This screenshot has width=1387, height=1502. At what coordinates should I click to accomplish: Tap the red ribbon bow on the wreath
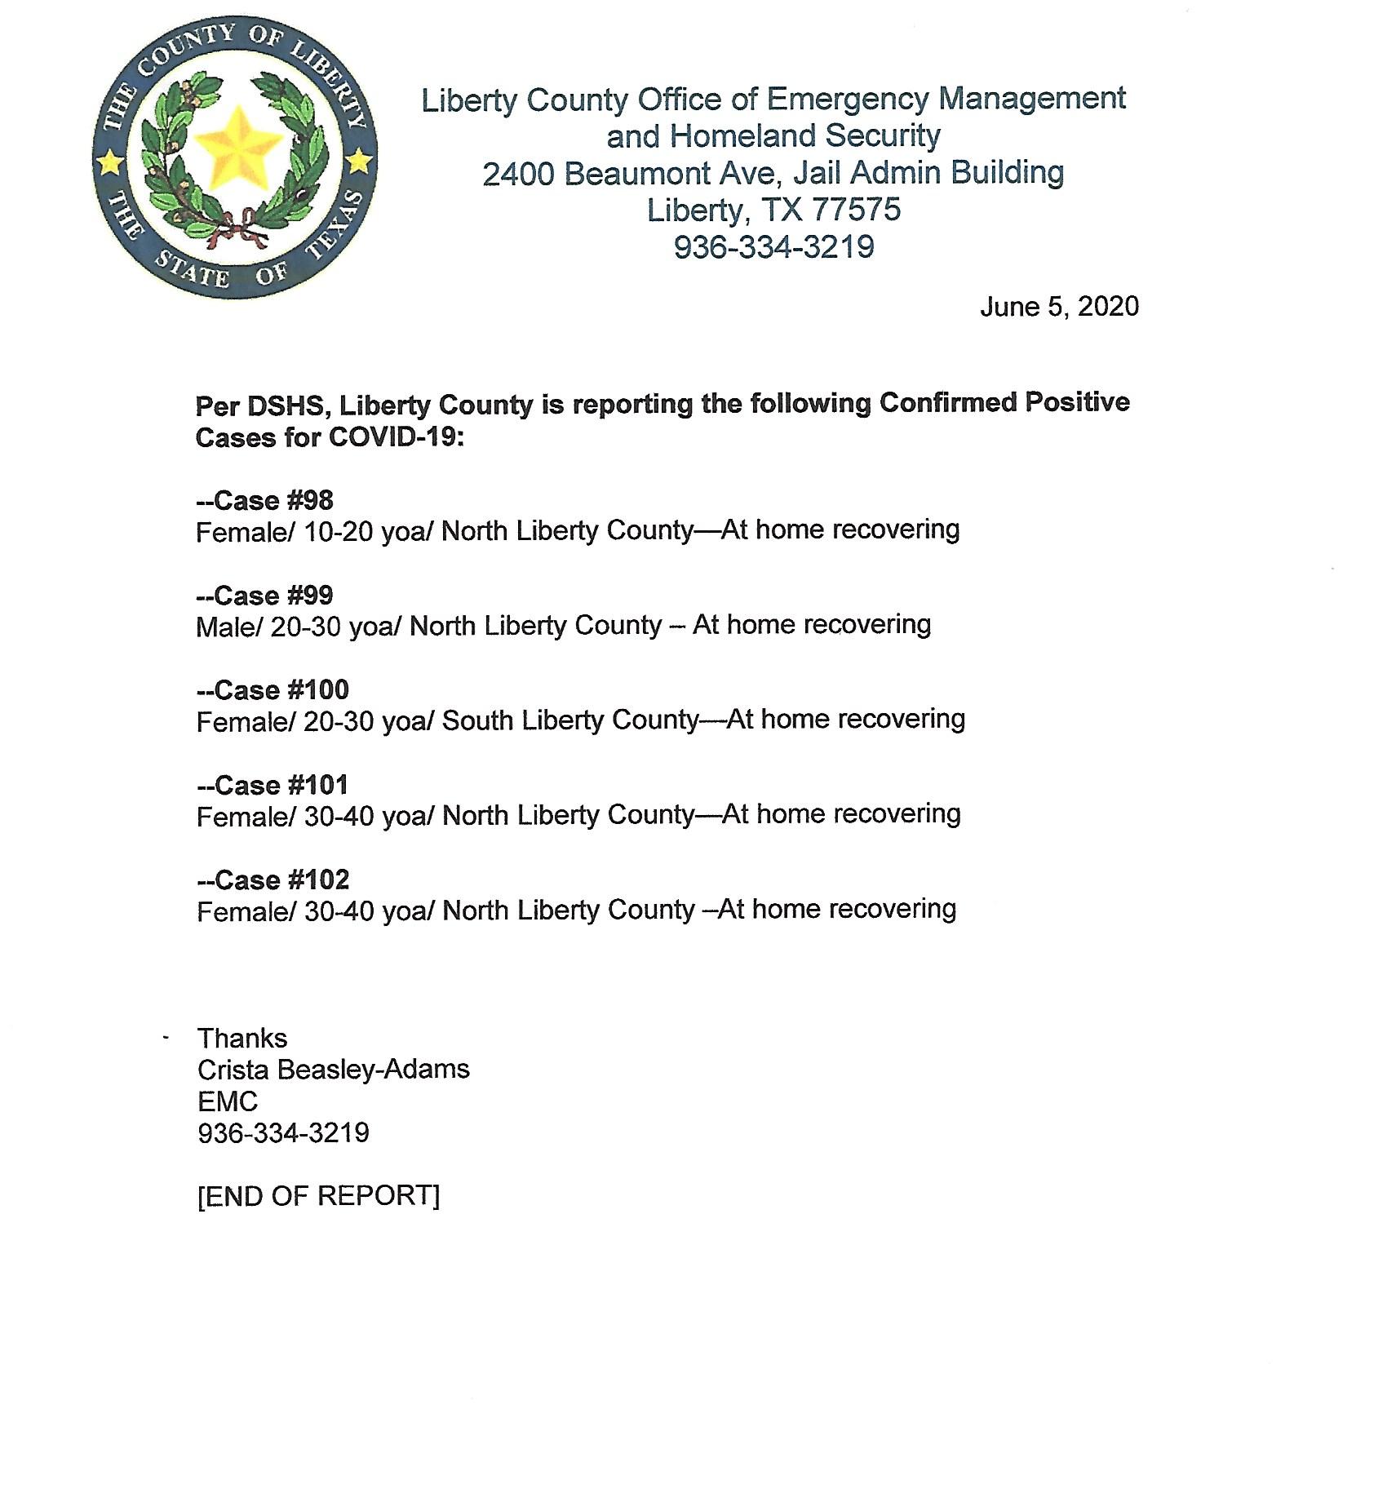click(x=237, y=228)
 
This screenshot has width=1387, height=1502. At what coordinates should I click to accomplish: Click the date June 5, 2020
click(x=1059, y=307)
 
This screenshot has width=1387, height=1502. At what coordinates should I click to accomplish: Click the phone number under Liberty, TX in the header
click(x=773, y=247)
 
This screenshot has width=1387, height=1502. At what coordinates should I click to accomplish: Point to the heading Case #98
click(x=265, y=500)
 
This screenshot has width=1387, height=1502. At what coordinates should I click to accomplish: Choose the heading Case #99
click(x=265, y=596)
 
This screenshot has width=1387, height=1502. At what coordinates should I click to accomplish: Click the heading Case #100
click(x=273, y=690)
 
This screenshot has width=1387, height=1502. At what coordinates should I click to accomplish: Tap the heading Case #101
click(x=273, y=785)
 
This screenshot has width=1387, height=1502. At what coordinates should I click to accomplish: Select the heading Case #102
click(x=273, y=879)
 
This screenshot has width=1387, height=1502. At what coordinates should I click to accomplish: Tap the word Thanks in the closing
click(x=242, y=1039)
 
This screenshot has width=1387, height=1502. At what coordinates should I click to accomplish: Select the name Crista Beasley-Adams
click(x=333, y=1070)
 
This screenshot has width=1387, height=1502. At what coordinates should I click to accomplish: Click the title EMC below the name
click(x=228, y=1102)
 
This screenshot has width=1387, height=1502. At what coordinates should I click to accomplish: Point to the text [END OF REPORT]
click(x=318, y=1196)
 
